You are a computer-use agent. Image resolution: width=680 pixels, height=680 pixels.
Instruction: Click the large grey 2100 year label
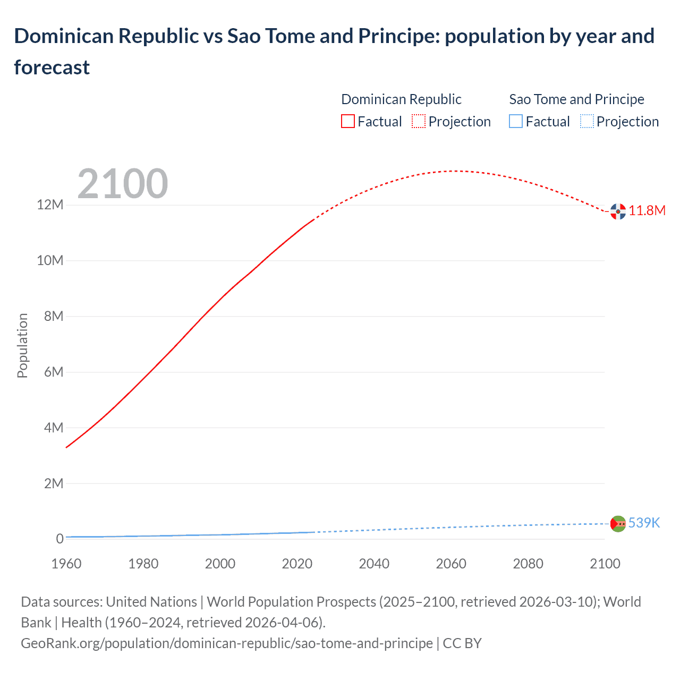[123, 184]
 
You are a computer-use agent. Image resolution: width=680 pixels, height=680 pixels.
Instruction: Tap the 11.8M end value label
[647, 211]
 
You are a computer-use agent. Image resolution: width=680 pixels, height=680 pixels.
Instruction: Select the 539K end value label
[644, 523]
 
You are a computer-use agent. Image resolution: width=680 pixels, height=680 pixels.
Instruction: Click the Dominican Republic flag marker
[618, 211]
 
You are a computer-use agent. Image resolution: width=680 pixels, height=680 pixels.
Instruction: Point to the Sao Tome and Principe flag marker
[618, 524]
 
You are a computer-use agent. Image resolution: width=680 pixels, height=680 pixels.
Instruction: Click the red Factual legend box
[348, 122]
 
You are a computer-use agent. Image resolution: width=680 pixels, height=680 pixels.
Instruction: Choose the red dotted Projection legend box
[419, 122]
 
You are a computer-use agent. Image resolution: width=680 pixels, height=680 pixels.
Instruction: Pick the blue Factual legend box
[516, 122]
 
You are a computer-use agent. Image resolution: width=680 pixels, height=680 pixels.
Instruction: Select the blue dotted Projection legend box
[586, 122]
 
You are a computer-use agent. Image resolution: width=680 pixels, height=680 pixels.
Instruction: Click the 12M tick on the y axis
[50, 205]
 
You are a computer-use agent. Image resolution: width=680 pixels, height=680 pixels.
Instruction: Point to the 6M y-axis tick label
[53, 372]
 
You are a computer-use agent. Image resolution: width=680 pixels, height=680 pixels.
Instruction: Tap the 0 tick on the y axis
[59, 539]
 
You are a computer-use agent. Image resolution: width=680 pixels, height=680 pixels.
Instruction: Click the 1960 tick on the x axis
[66, 564]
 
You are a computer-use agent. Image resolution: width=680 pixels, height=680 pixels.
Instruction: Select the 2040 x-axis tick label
[374, 564]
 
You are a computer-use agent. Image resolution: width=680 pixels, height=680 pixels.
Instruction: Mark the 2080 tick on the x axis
[528, 564]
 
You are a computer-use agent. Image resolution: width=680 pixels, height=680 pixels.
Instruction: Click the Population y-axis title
[22, 345]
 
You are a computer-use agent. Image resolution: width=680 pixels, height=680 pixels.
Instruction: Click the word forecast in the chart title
[52, 67]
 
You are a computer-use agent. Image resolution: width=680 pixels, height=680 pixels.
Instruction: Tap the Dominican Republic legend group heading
[401, 99]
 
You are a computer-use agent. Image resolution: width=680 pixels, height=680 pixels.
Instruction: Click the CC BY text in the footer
[462, 643]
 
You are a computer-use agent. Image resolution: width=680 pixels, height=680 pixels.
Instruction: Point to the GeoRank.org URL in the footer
[227, 643]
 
